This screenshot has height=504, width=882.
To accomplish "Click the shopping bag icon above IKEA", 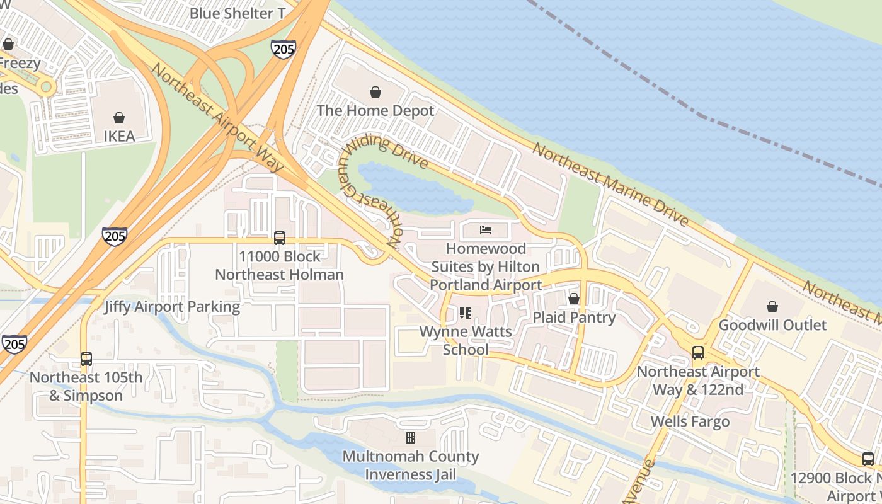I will coord(119,118).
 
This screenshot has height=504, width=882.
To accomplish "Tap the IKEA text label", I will coord(119,136).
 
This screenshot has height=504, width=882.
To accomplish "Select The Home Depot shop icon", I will coord(375,93).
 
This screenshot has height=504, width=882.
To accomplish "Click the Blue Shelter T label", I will coord(237,13).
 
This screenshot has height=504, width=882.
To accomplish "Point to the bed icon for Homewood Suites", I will coord(485,230).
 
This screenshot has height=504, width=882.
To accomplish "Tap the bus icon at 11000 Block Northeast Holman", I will coord(280,238).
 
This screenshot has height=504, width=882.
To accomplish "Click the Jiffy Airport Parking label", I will coord(172,307).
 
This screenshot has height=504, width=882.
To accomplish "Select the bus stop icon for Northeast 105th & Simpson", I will coord(86,359).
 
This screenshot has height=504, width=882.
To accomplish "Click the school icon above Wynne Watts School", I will coord(466,312).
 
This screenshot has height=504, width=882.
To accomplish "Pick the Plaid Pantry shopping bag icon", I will coord(574,299).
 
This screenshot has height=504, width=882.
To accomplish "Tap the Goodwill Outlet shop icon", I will coord(772,307).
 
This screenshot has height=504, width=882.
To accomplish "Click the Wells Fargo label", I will coord(690,421).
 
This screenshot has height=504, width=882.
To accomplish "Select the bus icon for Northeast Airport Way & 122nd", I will coord(698,353).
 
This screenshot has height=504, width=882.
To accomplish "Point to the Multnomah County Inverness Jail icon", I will coord(411,438).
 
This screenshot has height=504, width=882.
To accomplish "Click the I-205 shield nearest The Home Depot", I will coord(283,49).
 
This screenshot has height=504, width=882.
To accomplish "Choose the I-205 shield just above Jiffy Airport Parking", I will coord(114,236).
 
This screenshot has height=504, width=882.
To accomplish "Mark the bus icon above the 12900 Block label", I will coord(868,459).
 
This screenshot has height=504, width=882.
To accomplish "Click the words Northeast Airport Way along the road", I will coord(217,118).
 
